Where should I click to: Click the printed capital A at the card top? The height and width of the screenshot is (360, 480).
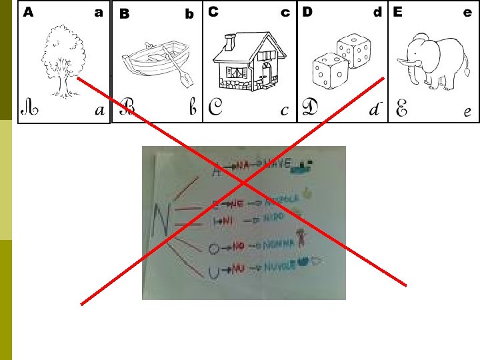28,12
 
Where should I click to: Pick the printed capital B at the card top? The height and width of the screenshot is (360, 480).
123,14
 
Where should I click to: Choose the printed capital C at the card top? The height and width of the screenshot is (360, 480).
213,12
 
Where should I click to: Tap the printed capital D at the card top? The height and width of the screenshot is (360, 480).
307,12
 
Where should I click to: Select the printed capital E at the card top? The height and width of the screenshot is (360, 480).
398,12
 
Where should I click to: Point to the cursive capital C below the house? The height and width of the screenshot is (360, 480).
215,108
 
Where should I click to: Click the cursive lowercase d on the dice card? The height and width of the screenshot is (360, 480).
375,109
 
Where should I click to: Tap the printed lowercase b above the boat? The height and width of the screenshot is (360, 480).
189,14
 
